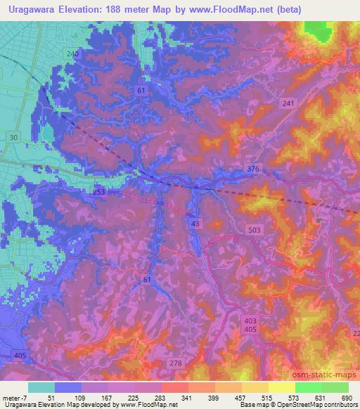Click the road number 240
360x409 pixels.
pos(72,54)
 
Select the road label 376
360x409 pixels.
pos(254,169)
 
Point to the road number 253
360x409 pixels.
pos(99,191)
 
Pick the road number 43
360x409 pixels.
pos(194,222)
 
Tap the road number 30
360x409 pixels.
pos(14,138)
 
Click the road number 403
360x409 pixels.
pos(251,320)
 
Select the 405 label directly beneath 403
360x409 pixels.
pos(251,330)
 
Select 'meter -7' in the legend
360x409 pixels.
pos(13,397)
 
